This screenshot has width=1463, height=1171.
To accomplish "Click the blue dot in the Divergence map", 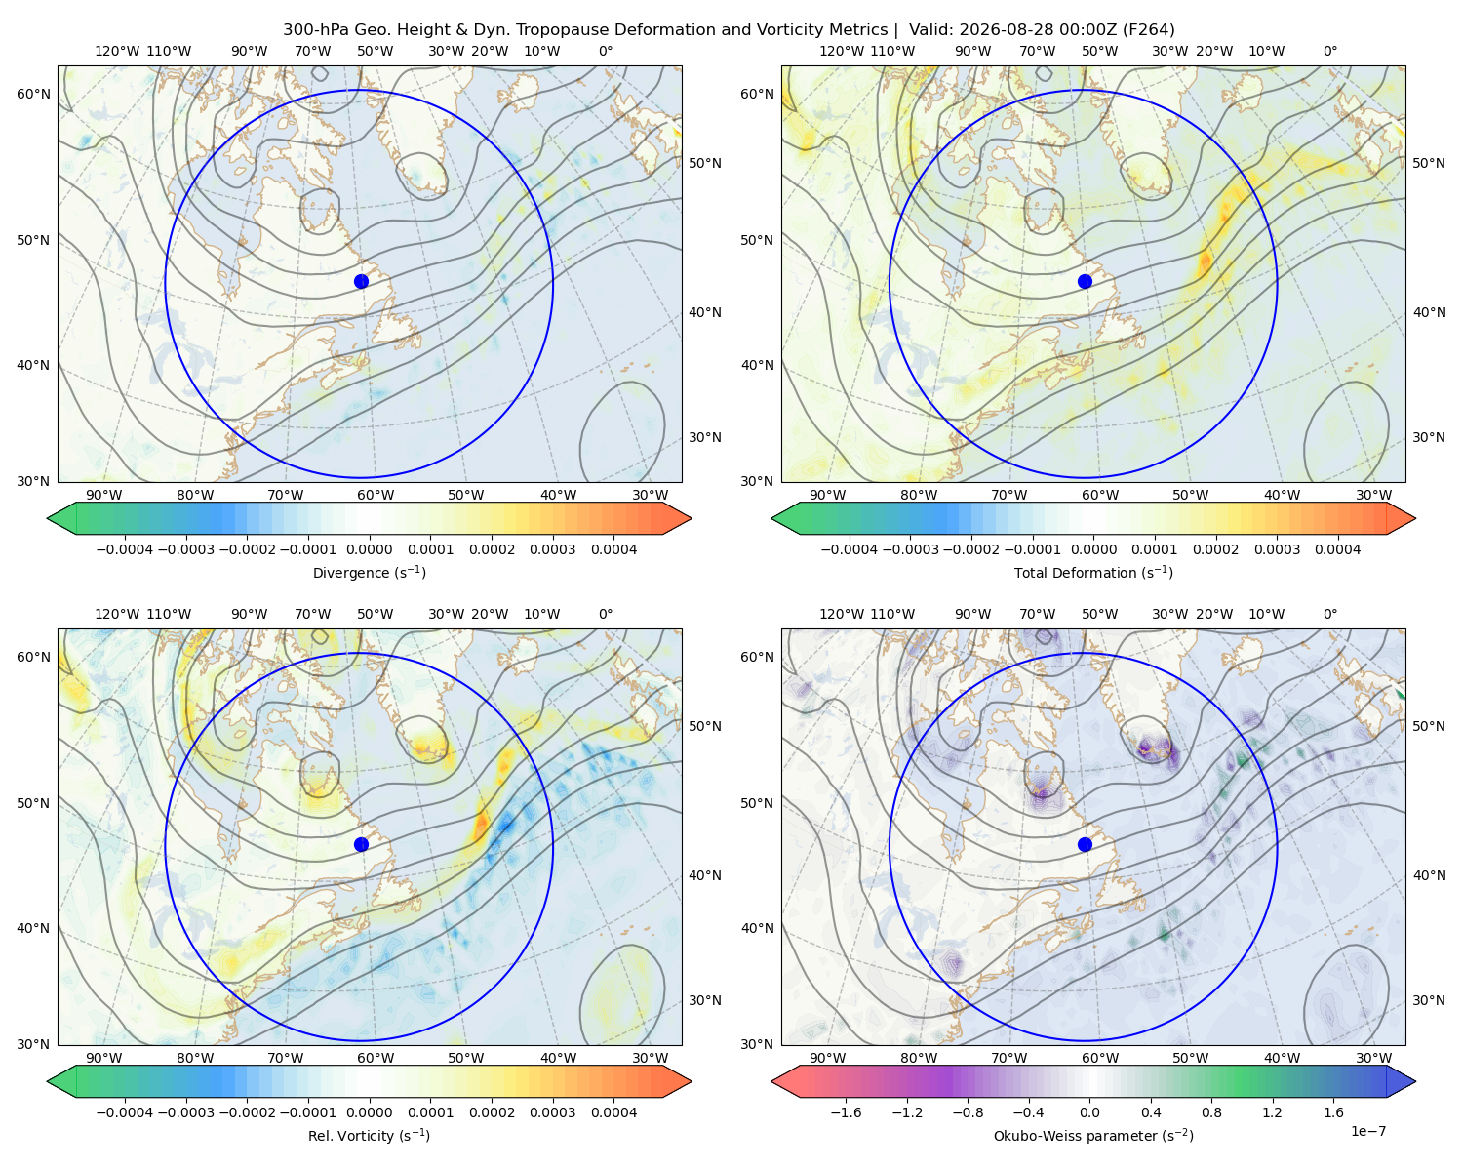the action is (361, 281).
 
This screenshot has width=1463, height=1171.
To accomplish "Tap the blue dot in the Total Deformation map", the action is (1085, 281).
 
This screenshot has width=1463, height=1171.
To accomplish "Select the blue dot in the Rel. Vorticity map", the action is (361, 844).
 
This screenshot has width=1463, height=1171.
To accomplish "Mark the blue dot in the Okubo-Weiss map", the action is (1085, 844).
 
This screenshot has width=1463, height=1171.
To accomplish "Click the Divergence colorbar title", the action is (369, 572).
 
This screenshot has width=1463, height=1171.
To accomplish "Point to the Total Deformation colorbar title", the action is (1093, 572).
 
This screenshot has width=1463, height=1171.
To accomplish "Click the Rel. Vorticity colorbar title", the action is (369, 1135).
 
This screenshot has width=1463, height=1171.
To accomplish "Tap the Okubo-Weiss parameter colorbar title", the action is (1093, 1135).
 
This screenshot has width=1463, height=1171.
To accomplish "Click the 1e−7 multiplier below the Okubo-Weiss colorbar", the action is (1367, 1131).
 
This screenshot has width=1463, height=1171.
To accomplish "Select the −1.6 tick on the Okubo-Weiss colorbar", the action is (846, 1112).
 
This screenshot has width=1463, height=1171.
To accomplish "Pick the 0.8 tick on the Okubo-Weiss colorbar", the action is (1211, 1112).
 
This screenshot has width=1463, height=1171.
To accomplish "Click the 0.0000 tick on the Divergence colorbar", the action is (369, 549).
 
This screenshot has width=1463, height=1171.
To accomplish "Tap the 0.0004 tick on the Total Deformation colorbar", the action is (1337, 549).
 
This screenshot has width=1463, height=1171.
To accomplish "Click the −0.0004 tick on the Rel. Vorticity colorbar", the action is (125, 1112).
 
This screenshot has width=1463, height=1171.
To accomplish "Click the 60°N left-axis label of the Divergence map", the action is (33, 94).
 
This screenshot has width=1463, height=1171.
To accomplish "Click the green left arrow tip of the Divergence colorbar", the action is (48, 518).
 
